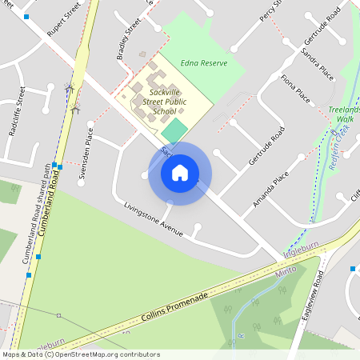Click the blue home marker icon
180,173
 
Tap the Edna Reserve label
204,62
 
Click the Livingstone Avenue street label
154,219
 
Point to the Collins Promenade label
175,308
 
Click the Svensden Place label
85,156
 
